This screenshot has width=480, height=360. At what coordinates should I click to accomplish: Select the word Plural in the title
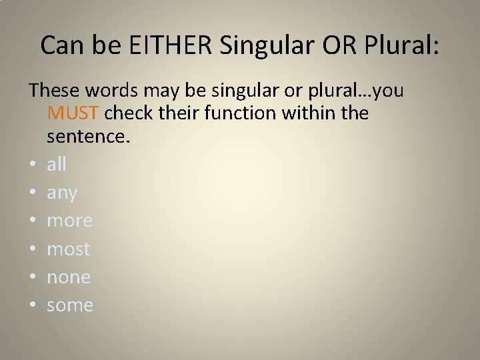tap(401, 45)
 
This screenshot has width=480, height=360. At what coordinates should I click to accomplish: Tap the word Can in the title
tap(57, 45)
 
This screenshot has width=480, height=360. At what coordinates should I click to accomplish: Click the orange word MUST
tap(73, 113)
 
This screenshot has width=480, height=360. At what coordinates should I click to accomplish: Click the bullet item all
tap(57, 164)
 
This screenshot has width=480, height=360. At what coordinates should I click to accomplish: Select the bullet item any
tap(62, 193)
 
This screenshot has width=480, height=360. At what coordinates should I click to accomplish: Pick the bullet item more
tap(69, 221)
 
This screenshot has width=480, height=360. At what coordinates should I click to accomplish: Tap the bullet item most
tap(68, 249)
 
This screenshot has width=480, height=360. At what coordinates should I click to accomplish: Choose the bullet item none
tap(69, 277)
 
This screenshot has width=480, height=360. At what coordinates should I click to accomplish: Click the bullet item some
tap(70, 305)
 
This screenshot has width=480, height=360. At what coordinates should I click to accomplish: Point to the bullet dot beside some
tap(32, 306)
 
